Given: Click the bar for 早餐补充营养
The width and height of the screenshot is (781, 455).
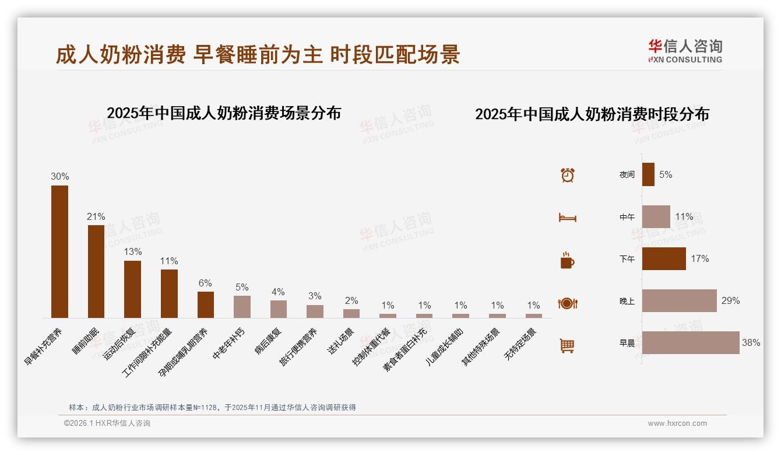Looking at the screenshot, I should [59, 251].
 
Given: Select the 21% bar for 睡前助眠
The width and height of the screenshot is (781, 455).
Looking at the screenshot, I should [96, 271].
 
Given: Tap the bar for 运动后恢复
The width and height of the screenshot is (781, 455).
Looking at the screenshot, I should [132, 289].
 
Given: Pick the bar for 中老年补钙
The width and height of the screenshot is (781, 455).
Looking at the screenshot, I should [242, 306].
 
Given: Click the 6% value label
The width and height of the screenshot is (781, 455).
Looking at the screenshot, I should [205, 283].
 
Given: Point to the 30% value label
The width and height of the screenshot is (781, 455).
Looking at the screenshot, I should [59, 176].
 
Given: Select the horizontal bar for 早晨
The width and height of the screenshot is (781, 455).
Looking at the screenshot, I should [691, 343].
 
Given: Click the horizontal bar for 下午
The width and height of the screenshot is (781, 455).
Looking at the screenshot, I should [664, 258].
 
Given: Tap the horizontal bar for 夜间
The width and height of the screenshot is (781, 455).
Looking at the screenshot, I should [648, 174].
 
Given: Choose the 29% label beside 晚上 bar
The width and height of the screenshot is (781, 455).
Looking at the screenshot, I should [730, 301].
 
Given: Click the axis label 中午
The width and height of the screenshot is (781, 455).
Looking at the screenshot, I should [627, 217].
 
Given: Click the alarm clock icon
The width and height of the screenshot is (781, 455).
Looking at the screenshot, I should [568, 175].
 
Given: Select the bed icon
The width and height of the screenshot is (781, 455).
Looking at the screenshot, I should [568, 218].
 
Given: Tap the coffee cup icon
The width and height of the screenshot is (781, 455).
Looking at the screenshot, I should [567, 260].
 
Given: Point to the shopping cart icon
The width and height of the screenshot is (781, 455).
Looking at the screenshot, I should [567, 345].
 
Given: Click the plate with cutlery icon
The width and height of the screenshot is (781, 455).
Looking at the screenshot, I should [568, 303].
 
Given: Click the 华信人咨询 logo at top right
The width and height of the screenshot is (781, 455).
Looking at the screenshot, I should [685, 51].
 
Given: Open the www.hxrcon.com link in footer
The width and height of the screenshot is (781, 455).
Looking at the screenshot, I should [677, 423].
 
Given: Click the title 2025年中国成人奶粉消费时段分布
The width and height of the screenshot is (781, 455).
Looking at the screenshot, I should [592, 114].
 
